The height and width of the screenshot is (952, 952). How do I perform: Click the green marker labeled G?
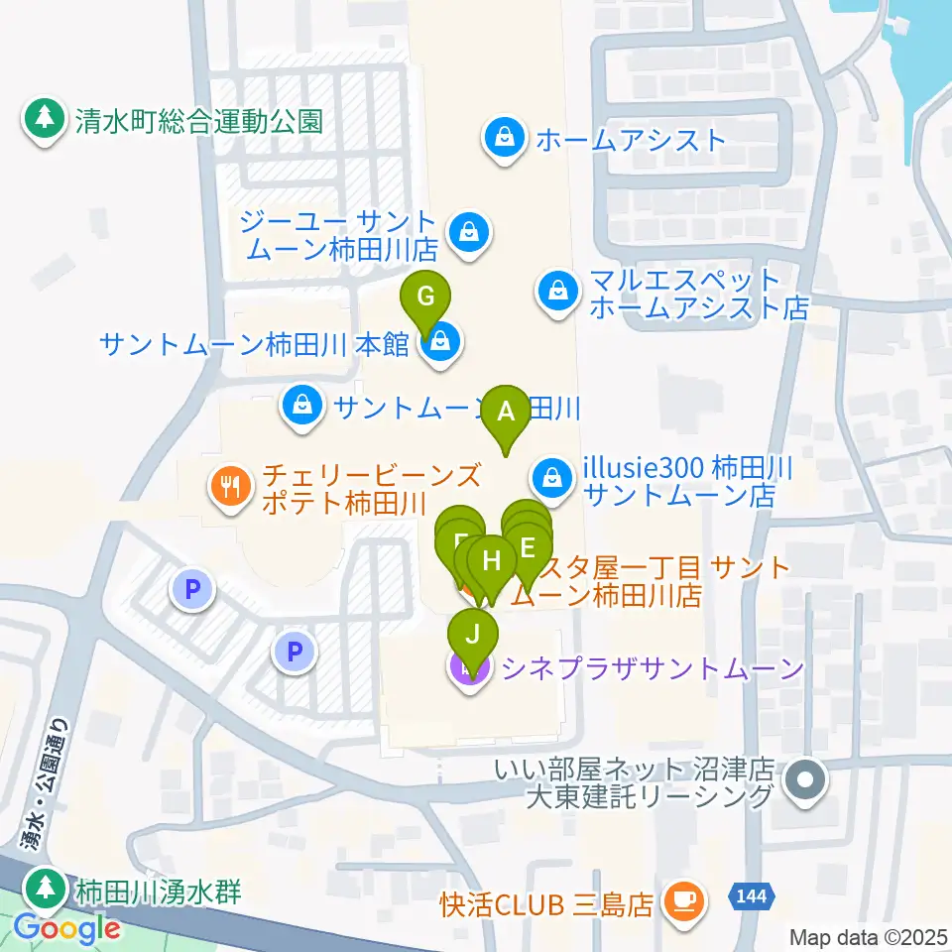coord(424,297)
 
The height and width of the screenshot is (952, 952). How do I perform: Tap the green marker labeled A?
coord(507,412)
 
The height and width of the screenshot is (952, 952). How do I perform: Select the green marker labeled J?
coord(474,633)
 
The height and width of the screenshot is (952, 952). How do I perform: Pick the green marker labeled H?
coord(491,561)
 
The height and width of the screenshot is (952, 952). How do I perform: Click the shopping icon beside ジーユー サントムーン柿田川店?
coord(463,234)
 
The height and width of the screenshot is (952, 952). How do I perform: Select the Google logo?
coord(66,928)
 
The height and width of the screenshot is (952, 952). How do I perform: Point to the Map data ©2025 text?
coord(868,937)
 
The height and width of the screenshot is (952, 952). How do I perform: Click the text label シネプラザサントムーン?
coord(653,669)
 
